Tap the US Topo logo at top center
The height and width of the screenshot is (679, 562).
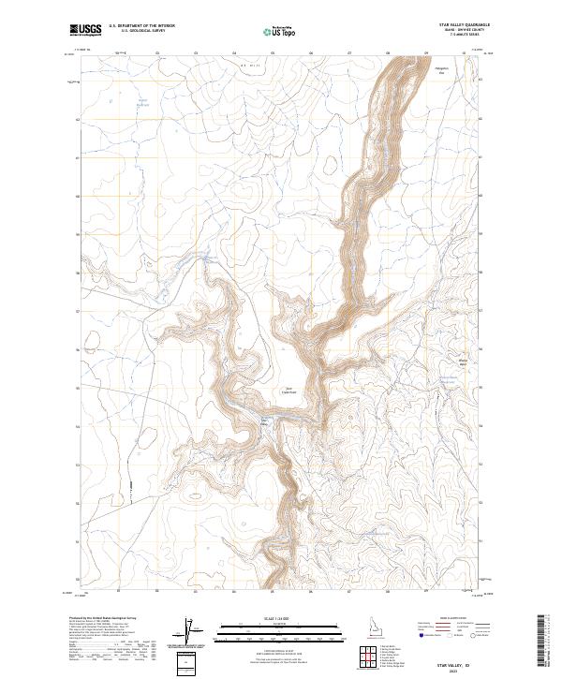(281, 31)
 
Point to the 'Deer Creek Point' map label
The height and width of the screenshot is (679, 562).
(290, 391)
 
